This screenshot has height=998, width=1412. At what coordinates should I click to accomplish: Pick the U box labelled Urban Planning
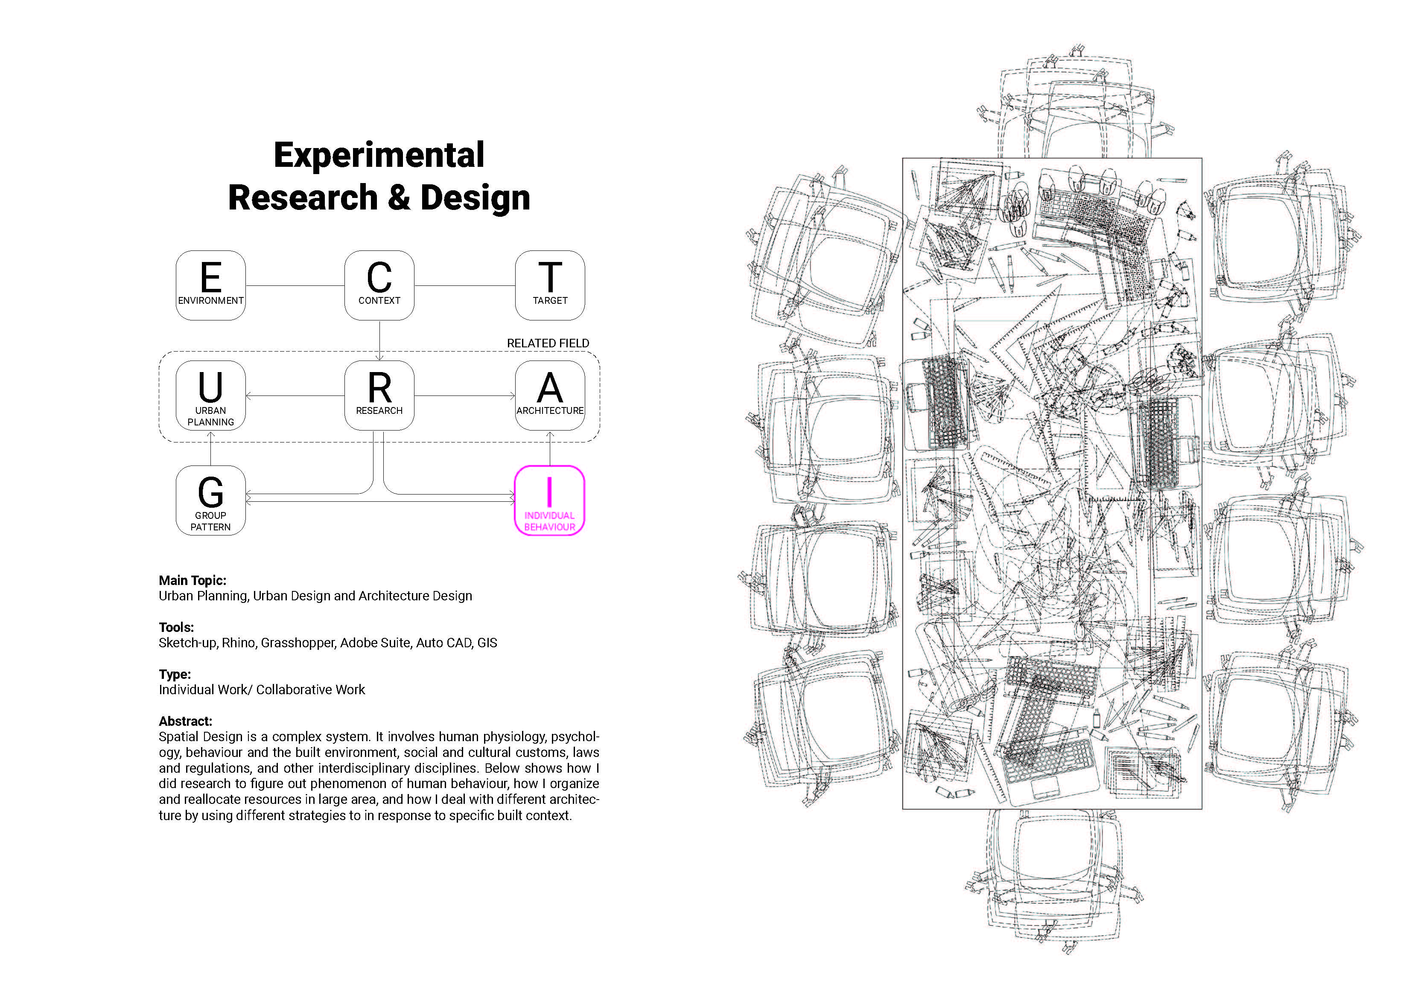click(x=210, y=396)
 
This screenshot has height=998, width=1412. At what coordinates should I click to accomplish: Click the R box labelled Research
click(x=379, y=396)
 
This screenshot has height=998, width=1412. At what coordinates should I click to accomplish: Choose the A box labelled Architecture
click(x=550, y=396)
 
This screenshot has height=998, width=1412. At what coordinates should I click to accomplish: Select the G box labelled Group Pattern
click(x=210, y=500)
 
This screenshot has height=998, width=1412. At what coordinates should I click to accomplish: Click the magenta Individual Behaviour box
click(x=549, y=500)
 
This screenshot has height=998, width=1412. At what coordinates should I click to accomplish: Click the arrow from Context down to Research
click(x=379, y=340)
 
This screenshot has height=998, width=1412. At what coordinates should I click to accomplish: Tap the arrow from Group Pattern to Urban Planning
click(x=210, y=448)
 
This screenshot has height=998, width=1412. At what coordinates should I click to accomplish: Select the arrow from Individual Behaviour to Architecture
click(x=550, y=448)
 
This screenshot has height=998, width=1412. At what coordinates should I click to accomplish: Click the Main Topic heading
click(x=193, y=580)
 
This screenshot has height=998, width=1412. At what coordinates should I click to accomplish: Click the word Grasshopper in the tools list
click(x=298, y=643)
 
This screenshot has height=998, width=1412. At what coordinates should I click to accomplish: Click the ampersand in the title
click(x=399, y=198)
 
